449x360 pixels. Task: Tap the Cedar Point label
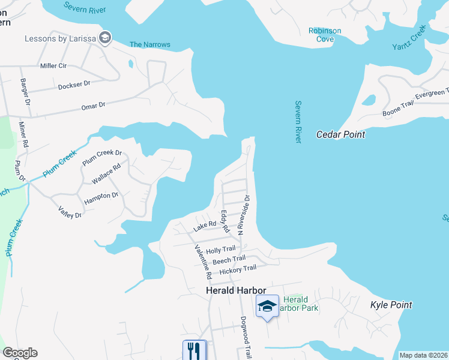tap(340, 134)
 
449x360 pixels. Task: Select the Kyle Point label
tap(391, 305)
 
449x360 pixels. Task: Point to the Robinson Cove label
tap(325, 35)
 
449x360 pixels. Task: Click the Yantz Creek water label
tap(409, 38)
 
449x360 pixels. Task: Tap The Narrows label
tap(150, 44)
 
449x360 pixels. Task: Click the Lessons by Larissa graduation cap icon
tap(105, 38)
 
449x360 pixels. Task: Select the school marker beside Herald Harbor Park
tap(267, 307)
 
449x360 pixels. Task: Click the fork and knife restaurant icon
tap(194, 350)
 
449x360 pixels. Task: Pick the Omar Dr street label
tap(93, 106)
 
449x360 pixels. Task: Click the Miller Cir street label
tap(53, 65)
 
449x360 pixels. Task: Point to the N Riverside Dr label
tap(243, 214)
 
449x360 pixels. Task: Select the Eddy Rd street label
tap(224, 221)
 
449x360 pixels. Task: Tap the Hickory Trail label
tap(238, 271)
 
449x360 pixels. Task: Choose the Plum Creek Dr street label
tap(102, 157)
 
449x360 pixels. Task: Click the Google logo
tap(20, 353)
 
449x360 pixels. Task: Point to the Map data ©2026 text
tap(423, 355)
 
